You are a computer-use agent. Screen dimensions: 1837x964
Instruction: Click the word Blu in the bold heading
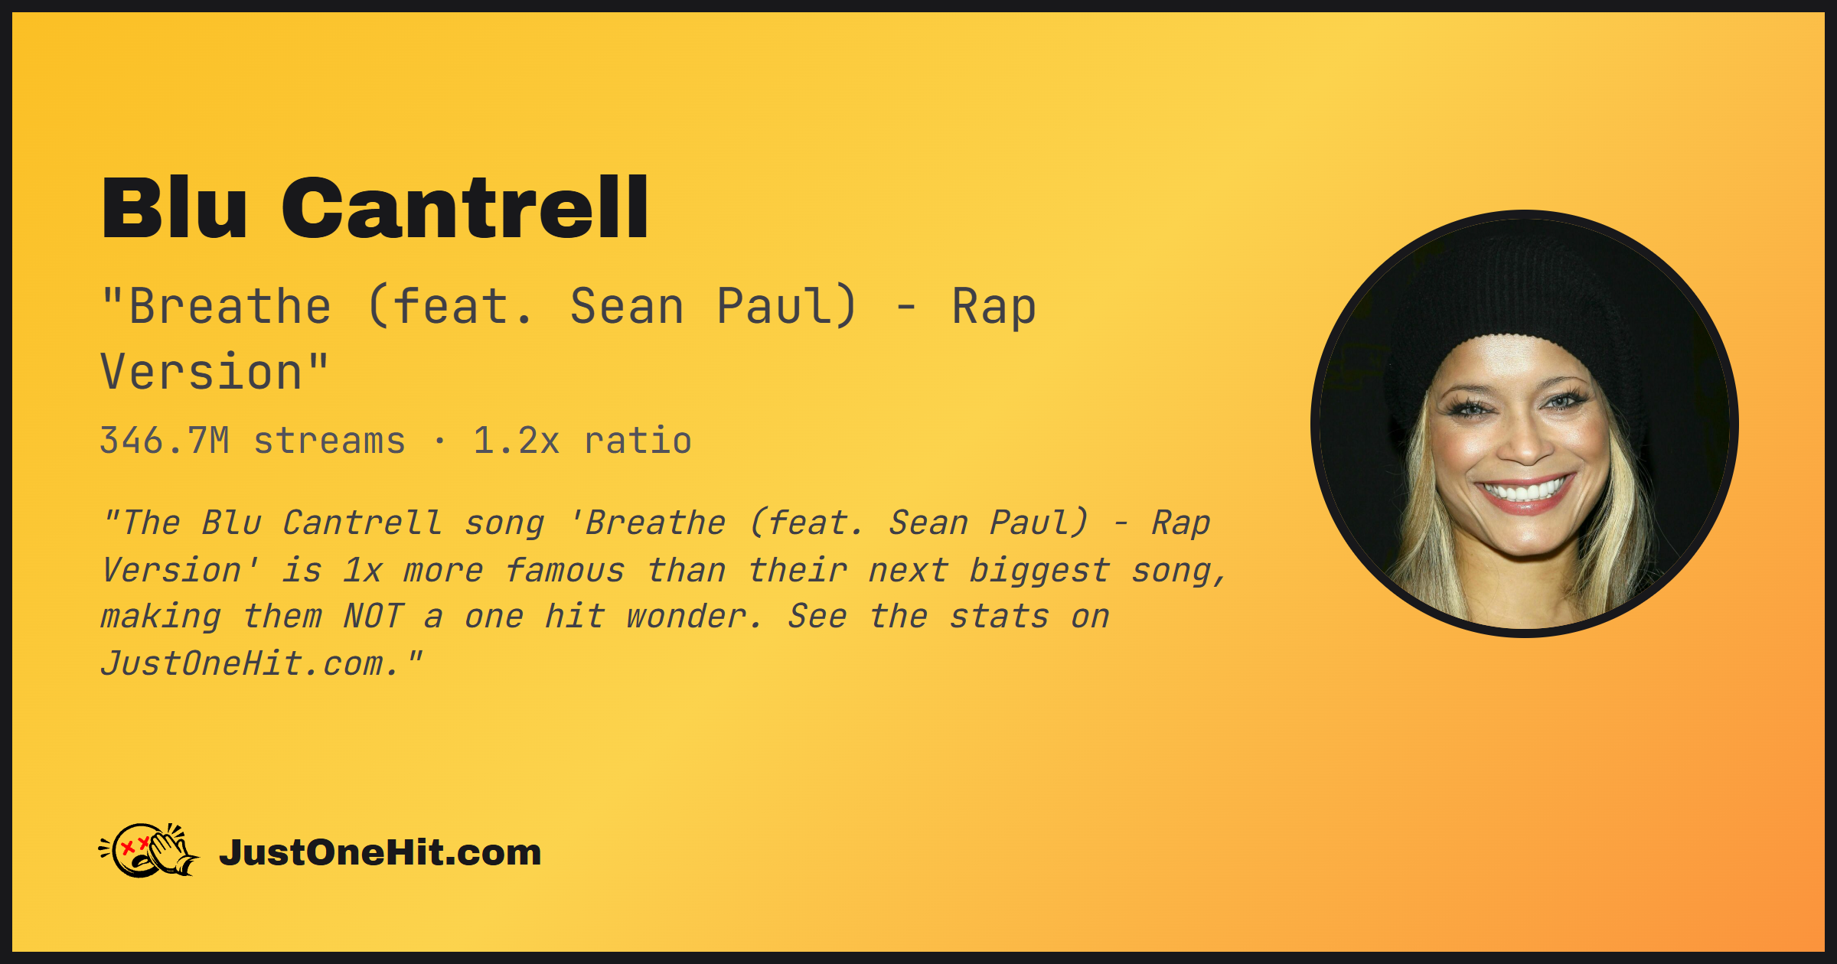pos(175,207)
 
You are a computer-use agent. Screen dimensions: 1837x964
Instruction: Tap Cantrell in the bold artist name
pos(465,207)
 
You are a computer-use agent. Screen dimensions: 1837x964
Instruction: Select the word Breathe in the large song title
pos(230,307)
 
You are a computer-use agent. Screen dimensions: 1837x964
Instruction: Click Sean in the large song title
pos(627,307)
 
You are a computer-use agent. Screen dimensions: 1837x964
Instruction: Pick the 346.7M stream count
pos(165,441)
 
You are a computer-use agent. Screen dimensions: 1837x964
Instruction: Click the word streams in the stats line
pos(329,441)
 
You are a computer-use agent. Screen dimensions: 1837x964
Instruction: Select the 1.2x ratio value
pos(517,441)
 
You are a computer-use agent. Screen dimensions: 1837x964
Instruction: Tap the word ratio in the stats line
pos(638,441)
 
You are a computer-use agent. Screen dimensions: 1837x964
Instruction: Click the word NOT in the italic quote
pos(373,617)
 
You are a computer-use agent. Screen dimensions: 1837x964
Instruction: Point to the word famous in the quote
pos(565,570)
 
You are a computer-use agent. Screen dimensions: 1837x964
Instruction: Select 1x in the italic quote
pos(362,570)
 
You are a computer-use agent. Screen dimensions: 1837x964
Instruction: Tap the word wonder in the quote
pos(693,617)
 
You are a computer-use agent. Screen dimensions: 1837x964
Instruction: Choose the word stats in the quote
pos(999,617)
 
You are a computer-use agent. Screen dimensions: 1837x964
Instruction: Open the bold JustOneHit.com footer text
pos(380,852)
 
